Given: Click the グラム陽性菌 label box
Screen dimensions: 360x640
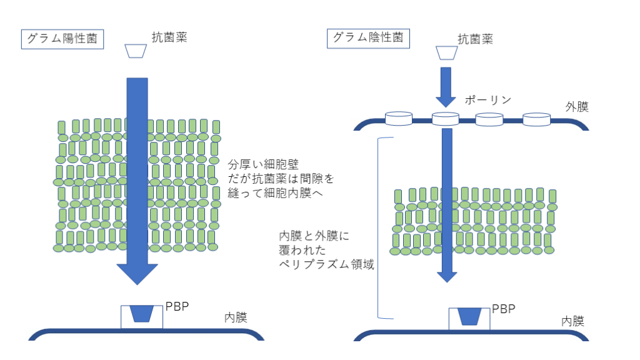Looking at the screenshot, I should (62, 39).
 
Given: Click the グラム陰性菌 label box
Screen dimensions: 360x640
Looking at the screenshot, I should (367, 37).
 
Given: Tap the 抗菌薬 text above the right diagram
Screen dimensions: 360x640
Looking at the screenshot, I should (475, 39).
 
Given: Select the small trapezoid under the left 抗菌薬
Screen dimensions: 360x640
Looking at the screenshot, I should (136, 51).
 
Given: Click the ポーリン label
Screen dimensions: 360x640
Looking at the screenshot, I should (488, 100).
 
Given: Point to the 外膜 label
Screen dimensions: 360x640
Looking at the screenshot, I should (577, 107).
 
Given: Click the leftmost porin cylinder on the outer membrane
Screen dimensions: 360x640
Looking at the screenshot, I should (398, 119).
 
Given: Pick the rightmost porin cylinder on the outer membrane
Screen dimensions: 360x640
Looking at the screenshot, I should (536, 119).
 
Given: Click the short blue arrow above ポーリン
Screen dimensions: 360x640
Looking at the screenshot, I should (446, 86).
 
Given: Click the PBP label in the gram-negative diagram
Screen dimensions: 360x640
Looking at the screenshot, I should (503, 308).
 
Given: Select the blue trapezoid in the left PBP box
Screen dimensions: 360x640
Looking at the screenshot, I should (142, 314).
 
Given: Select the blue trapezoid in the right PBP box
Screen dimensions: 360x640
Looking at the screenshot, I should (469, 317).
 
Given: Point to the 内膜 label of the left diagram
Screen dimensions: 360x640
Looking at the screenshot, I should (236, 317).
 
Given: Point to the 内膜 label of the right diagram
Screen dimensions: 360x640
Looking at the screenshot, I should (572, 321).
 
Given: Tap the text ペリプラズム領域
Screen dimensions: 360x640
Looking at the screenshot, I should (326, 264).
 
